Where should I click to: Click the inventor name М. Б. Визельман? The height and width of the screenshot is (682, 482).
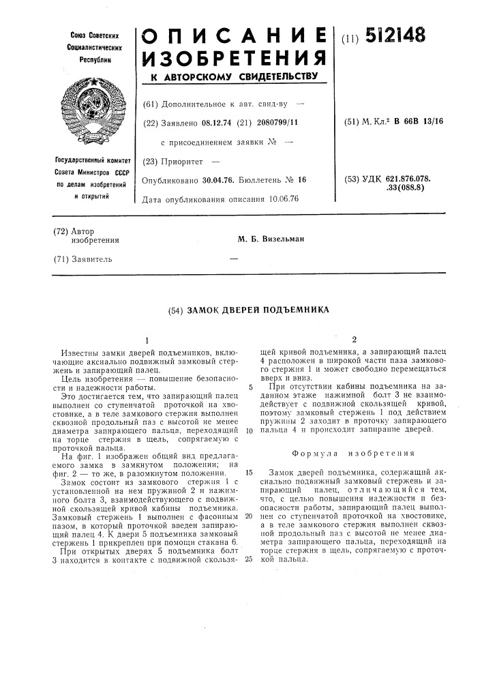pos(270,239)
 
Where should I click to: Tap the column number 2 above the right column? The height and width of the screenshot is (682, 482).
pos(354,339)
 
